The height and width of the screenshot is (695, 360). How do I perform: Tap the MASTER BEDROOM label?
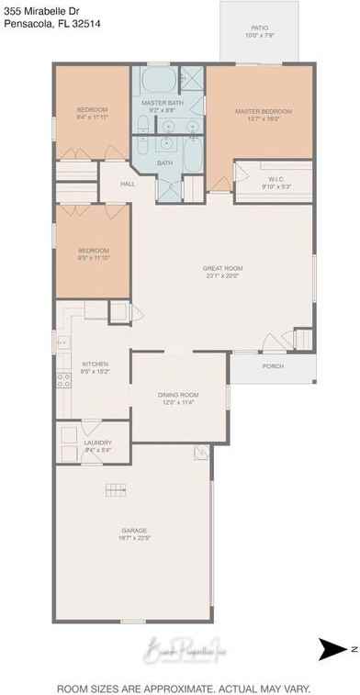point(263,111)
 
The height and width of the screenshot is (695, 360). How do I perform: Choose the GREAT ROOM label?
point(221,268)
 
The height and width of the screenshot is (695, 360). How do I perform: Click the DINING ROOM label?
point(179,394)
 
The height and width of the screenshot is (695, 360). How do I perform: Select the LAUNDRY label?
point(96,424)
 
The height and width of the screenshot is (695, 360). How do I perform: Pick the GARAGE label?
point(135,530)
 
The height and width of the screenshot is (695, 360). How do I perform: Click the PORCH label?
point(273,366)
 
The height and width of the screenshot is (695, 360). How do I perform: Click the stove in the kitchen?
point(63,377)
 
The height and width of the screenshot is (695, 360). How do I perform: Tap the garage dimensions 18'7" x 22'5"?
point(135,538)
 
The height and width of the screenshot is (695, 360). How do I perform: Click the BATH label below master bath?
point(163,163)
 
